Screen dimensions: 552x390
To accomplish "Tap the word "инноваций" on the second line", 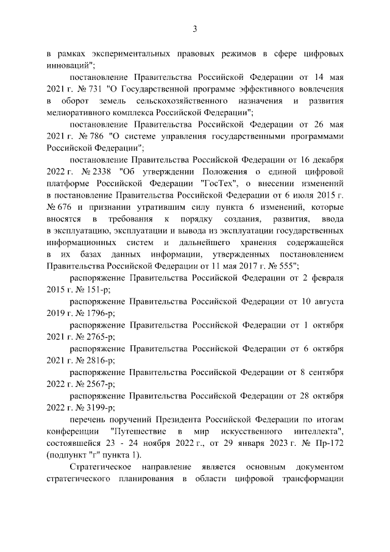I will click(68, 65).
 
